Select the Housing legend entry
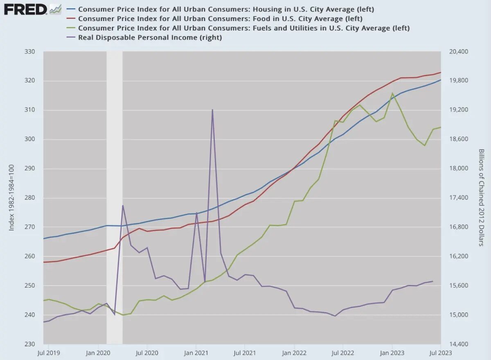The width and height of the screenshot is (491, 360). click(x=226, y=9)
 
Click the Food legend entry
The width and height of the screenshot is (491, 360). click(x=220, y=18)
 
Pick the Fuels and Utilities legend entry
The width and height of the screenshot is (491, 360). click(x=244, y=28)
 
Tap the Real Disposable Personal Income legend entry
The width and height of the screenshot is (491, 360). click(x=150, y=37)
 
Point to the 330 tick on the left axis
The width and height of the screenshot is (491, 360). click(x=30, y=52)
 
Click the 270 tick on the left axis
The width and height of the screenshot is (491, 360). click(x=30, y=227)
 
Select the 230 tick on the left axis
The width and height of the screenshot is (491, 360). click(x=30, y=344)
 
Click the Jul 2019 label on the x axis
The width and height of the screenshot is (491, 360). click(x=49, y=352)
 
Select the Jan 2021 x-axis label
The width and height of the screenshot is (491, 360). click(x=196, y=352)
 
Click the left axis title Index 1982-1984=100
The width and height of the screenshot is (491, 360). click(x=11, y=198)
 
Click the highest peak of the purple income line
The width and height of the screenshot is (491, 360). click(x=212, y=110)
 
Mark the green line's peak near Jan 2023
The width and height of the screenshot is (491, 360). click(x=392, y=93)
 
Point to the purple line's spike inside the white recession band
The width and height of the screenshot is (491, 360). click(x=122, y=206)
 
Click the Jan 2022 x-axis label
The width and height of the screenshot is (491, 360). click(x=294, y=352)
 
